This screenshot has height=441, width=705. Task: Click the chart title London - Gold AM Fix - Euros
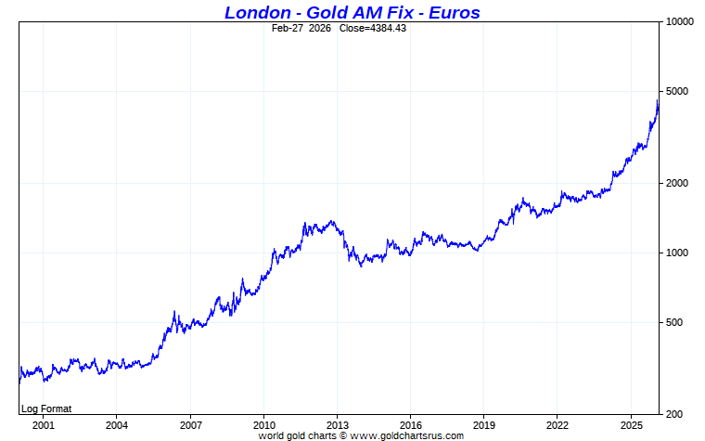tap(352, 12)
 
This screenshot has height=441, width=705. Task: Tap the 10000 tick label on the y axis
tap(682, 21)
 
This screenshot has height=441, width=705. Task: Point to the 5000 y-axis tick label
tap(679, 91)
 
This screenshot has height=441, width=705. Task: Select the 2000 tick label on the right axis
tap(679, 183)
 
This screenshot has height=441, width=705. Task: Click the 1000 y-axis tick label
tap(679, 253)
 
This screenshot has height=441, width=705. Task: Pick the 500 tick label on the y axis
tap(676, 322)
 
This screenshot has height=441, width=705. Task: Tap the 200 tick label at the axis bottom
tap(676, 414)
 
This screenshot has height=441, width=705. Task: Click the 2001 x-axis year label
tap(43, 424)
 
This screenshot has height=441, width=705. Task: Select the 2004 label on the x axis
tap(116, 424)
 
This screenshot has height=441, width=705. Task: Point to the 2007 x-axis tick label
tap(190, 424)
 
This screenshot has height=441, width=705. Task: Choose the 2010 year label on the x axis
tap(263, 424)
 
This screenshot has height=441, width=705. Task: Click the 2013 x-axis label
tap(337, 424)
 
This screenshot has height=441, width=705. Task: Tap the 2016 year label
tap(410, 424)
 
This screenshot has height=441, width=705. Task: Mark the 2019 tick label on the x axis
tap(483, 424)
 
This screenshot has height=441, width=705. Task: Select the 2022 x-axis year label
tap(557, 424)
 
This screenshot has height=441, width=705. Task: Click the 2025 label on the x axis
tap(631, 424)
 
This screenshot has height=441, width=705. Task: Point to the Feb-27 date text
tap(288, 28)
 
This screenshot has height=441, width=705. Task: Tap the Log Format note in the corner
tap(46, 409)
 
